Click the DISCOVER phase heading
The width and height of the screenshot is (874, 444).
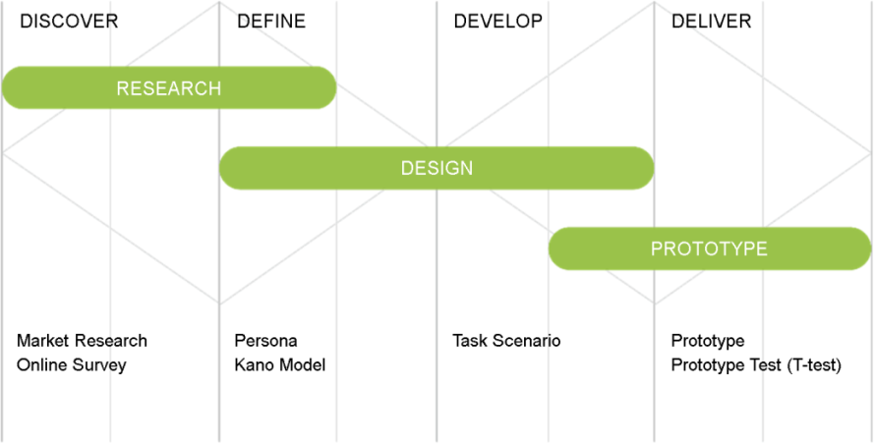pyautogui.click(x=69, y=22)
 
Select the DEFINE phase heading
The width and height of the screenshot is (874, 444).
pyautogui.click(x=271, y=22)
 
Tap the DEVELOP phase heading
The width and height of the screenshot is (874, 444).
pyautogui.click(x=497, y=22)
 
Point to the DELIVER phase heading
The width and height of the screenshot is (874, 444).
pyautogui.click(x=711, y=22)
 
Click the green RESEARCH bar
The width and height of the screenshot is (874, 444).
pyautogui.click(x=169, y=88)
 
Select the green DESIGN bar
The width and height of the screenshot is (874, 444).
pyautogui.click(x=437, y=168)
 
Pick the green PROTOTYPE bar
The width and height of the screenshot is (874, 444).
pyautogui.click(x=710, y=249)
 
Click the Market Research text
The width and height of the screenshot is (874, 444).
pyautogui.click(x=82, y=341)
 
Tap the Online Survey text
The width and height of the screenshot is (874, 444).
pyautogui.click(x=72, y=365)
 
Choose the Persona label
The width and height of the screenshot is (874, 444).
pyautogui.click(x=265, y=341)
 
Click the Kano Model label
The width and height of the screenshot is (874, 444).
pyautogui.click(x=280, y=365)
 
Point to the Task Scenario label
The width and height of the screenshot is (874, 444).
pyautogui.click(x=506, y=341)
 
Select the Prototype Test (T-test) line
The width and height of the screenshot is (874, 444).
pyautogui.click(x=756, y=365)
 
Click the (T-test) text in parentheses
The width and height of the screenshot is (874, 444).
pyautogui.click(x=814, y=365)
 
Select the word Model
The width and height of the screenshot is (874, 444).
pyautogui.click(x=303, y=365)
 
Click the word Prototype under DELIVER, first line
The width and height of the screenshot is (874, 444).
pyautogui.click(x=708, y=341)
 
